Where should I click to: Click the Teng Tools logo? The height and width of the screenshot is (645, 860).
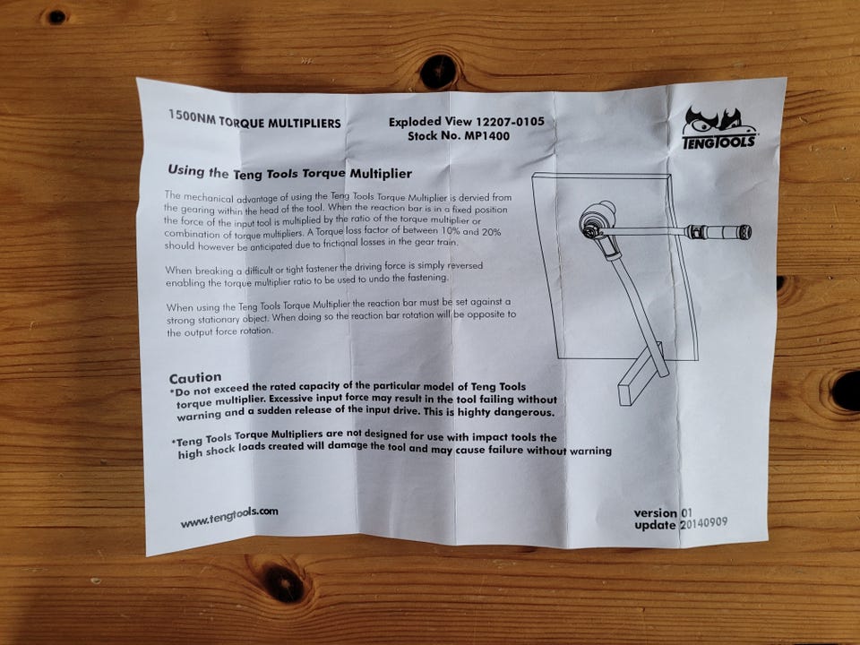click(719, 128)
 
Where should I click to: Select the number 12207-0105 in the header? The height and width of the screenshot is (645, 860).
click(510, 121)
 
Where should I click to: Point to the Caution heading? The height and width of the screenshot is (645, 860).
click(195, 378)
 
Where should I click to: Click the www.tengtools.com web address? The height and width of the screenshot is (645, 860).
click(229, 517)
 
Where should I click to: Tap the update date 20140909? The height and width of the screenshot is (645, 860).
click(704, 523)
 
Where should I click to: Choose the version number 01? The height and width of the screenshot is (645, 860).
click(685, 512)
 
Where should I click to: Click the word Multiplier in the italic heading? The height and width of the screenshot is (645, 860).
click(381, 174)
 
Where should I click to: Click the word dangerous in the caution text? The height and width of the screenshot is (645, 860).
click(526, 412)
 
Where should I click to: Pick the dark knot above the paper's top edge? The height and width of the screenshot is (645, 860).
click(438, 72)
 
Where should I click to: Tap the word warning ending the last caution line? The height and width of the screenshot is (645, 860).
click(590, 451)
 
